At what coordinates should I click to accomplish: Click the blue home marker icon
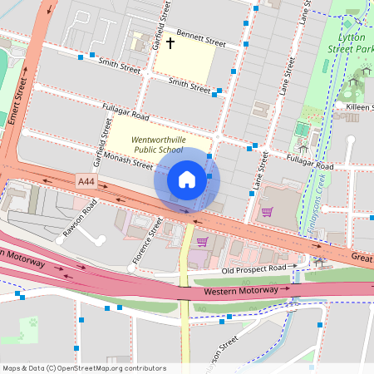187,180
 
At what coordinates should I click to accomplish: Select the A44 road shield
86,180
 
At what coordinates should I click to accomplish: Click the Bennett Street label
200,39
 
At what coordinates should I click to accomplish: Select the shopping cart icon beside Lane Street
267,211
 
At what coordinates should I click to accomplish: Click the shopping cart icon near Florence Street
202,242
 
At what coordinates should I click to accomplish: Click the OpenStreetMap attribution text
72,367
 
